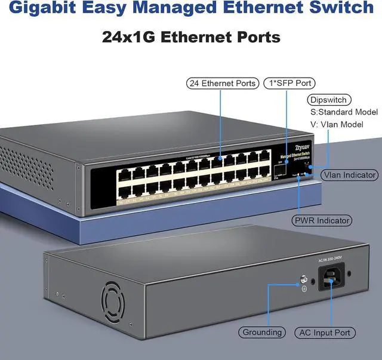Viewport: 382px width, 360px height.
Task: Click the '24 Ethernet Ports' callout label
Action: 223,84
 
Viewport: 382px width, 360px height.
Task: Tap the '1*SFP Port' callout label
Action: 289,84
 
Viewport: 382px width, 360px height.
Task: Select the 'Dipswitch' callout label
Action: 328,100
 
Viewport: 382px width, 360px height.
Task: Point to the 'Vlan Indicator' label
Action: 349,175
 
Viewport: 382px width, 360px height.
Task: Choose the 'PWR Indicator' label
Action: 321,221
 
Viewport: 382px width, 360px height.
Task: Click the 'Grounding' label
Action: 262,332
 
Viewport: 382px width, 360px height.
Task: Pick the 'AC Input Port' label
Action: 325,332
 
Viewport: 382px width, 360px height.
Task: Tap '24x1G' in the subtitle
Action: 133,37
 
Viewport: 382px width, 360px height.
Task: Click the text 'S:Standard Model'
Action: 344,112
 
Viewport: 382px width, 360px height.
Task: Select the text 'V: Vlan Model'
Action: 336,125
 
